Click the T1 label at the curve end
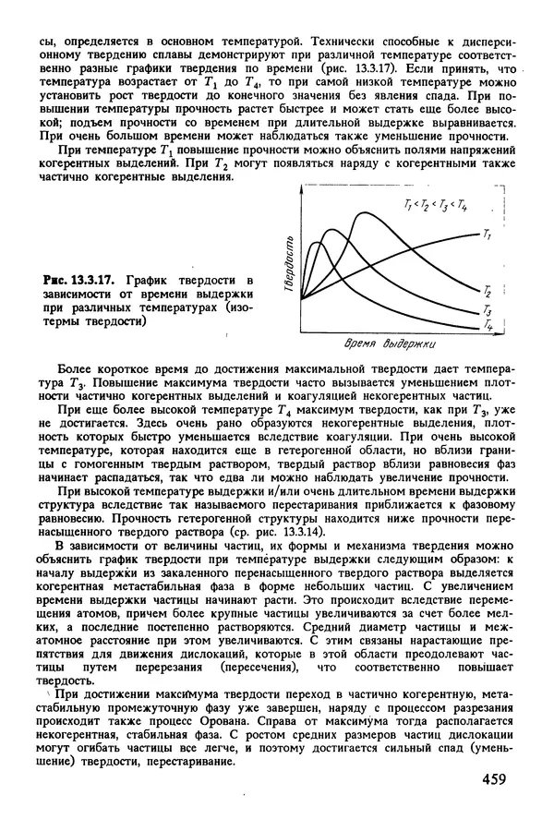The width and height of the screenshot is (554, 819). pyautogui.click(x=487, y=236)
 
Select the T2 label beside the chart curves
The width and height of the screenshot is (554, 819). pyautogui.click(x=487, y=292)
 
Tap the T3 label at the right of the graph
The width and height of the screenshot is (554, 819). pyautogui.click(x=487, y=311)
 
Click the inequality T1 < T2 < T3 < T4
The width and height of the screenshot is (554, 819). pyautogui.click(x=436, y=203)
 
